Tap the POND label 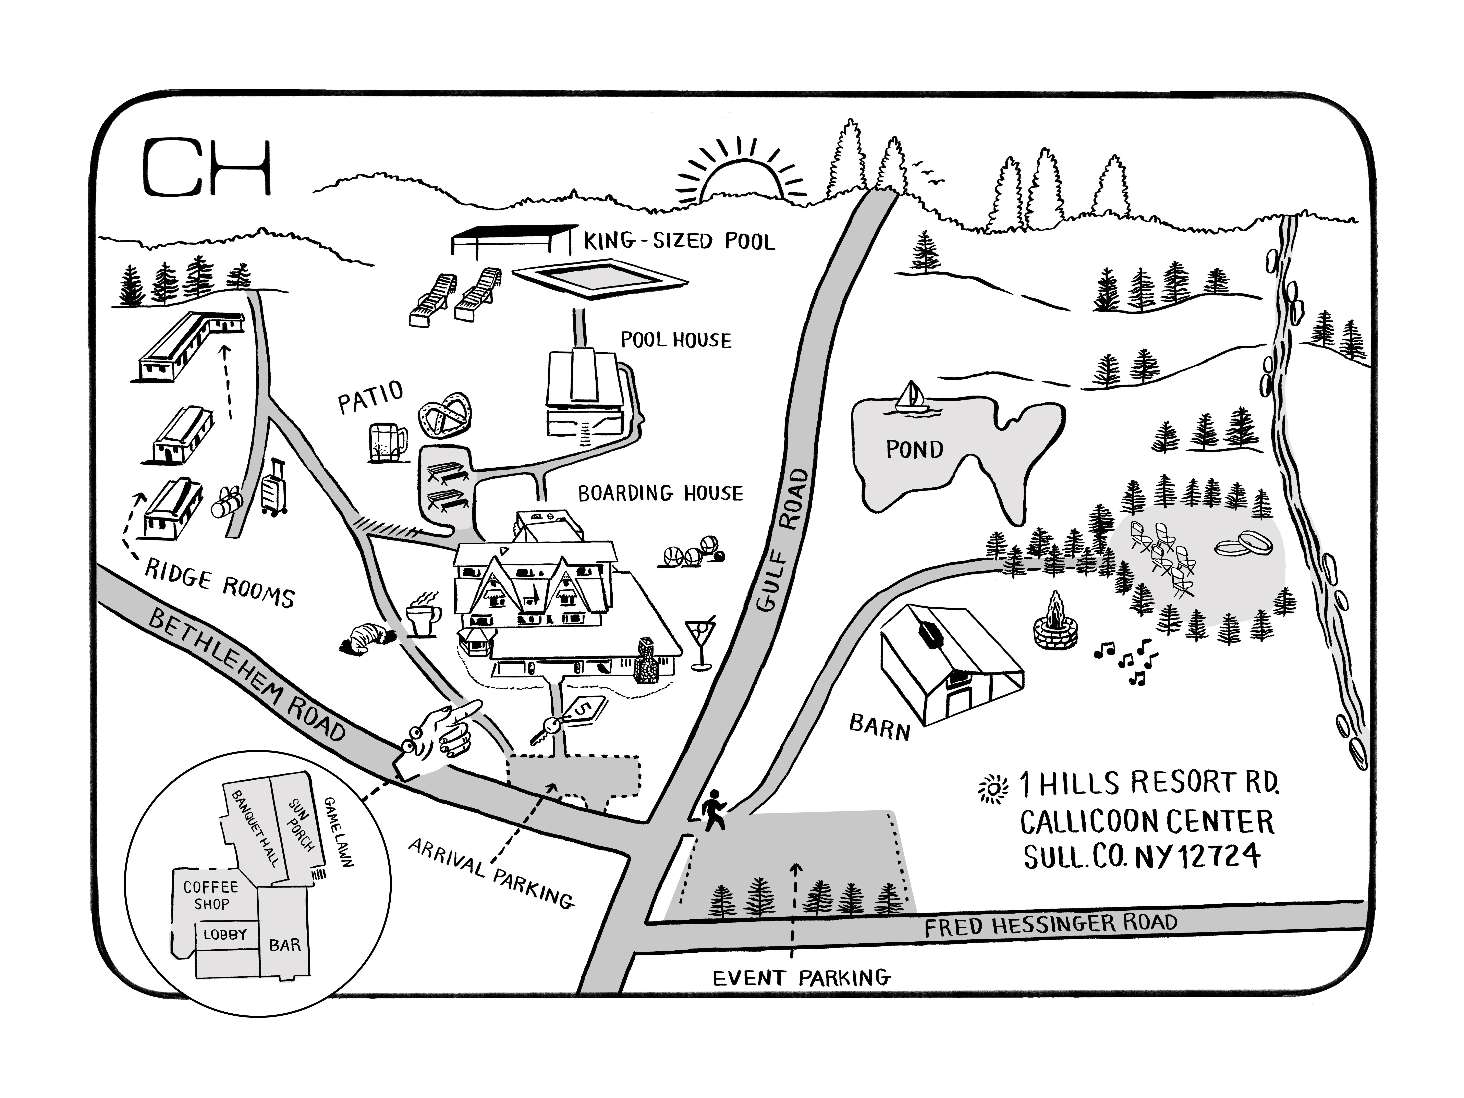(x=914, y=450)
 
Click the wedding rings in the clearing (x=1244, y=544)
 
